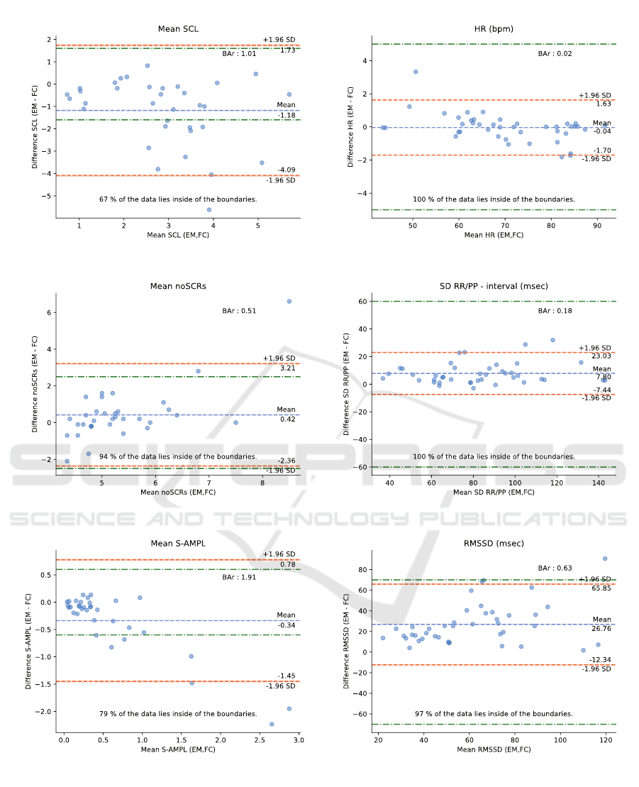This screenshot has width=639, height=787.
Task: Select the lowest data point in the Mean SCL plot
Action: click(209, 209)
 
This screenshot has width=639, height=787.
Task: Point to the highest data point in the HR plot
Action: click(416, 72)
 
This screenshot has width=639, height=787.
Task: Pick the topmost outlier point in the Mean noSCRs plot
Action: click(289, 301)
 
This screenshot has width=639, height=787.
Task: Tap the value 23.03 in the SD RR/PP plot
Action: click(601, 358)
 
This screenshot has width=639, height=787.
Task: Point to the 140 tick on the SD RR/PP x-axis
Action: click(597, 483)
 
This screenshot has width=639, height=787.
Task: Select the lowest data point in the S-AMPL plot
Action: click(272, 724)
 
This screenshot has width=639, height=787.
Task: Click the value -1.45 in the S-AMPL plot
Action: click(287, 676)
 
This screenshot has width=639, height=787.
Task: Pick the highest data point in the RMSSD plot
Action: click(605, 558)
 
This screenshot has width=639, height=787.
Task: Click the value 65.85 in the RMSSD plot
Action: click(601, 588)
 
